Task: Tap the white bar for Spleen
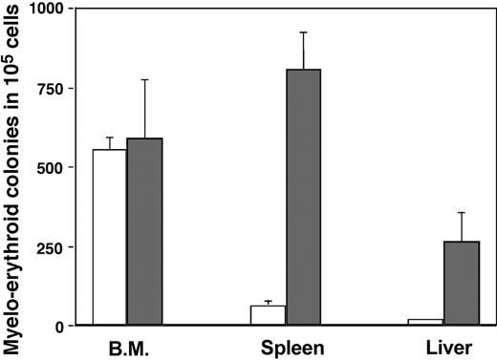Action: point(269,315)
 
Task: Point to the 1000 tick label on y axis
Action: point(47,9)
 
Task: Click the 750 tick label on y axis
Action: point(52,88)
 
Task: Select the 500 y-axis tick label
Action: point(52,167)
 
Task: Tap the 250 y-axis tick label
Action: point(52,246)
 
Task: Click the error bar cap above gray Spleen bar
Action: point(304,32)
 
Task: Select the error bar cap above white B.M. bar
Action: point(109,137)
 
